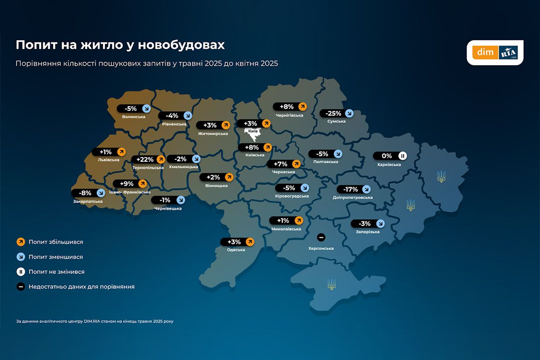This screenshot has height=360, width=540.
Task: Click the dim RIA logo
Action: (x=495, y=53)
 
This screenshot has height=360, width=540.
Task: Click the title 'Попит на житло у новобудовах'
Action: (x=120, y=45)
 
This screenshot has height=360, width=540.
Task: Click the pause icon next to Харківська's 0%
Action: (x=403, y=156)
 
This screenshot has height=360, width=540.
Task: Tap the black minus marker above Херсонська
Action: (x=321, y=237)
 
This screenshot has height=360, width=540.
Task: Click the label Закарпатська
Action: (x=88, y=201)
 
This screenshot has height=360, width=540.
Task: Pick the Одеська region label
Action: (x=236, y=250)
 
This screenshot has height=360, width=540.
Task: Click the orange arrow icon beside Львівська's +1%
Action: (x=121, y=152)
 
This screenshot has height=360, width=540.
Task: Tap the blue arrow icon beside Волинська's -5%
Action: (x=146, y=108)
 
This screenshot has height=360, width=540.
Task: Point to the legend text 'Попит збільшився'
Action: (x=56, y=242)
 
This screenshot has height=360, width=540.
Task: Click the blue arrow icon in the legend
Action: (x=21, y=257)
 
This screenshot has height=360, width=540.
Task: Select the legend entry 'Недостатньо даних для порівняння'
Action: (x=81, y=287)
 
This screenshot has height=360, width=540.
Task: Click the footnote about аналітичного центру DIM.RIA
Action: (x=94, y=321)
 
